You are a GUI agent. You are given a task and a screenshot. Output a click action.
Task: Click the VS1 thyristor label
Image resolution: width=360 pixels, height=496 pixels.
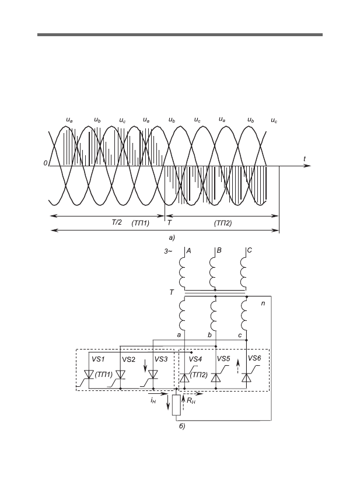coord(98,359)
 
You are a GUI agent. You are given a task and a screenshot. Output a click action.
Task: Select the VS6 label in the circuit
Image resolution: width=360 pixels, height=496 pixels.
coord(254,358)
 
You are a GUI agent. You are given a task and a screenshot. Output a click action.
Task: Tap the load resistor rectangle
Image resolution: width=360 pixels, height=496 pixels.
coord(177,405)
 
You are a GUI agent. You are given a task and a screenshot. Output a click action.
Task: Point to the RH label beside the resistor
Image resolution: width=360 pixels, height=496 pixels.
coord(191,401)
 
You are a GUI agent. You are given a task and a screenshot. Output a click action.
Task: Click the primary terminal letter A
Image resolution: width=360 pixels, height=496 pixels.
coord(188,251)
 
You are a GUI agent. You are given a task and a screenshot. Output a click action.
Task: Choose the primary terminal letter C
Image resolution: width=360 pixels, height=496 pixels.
coord(249,250)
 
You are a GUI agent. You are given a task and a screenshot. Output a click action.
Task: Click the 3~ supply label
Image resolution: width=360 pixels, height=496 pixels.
coord(168,252)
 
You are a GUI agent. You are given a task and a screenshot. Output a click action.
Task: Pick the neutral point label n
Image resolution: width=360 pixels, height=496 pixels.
coord(263,303)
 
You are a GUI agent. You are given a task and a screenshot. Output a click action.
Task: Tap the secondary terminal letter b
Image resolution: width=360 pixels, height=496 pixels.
coord(209,335)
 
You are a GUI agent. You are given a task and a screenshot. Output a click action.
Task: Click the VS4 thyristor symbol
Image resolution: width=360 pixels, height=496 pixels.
coord(185,378)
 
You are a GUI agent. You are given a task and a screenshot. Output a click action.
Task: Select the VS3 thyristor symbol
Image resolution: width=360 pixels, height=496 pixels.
coord(153,375)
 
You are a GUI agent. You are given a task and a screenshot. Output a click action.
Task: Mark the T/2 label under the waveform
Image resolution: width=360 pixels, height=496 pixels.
coord(117,223)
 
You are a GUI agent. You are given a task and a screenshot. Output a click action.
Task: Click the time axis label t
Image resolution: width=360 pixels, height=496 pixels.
coord(305,159)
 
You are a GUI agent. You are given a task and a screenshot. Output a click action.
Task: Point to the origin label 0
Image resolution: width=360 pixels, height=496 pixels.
coord(46,163)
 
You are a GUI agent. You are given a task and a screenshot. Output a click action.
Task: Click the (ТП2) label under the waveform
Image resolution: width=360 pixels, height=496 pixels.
coord(223,223)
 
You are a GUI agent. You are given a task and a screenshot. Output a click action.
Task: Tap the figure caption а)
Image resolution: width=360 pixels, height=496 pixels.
coord(172,237)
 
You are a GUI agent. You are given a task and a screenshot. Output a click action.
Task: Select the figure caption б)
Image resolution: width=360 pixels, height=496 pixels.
coord(182,426)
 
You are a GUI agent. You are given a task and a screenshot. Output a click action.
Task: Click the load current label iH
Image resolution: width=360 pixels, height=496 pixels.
coord(153,400)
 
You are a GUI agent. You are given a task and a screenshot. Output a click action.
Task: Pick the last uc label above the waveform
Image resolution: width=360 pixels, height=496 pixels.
coord(274,121)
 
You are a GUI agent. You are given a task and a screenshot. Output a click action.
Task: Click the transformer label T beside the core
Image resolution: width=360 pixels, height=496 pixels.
coord(172,292)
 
